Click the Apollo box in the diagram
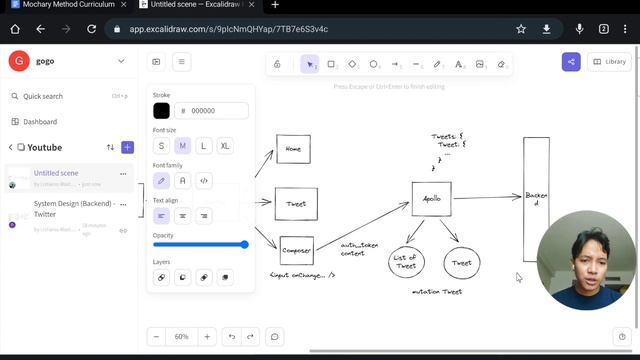point(432,198)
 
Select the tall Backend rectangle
point(536,200)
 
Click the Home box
point(293,149)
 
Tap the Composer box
point(296,250)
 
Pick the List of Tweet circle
point(406,262)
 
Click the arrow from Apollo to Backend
point(488,197)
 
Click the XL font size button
point(225,146)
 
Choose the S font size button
point(162,146)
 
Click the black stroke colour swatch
point(161,111)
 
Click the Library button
point(609,62)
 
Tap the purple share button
point(571,62)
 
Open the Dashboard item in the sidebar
point(40,122)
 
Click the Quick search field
point(60,96)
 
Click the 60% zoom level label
point(181,336)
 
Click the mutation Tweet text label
point(437,292)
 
